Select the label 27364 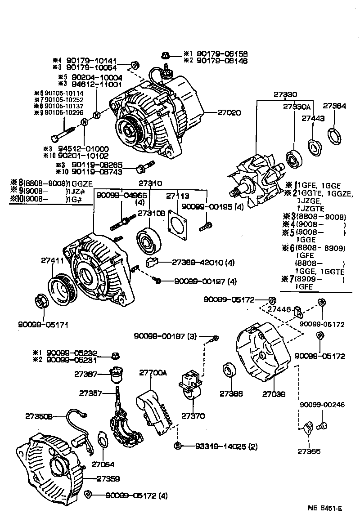(x=335, y=107)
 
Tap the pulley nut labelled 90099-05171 (x=41, y=302)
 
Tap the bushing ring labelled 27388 (x=230, y=372)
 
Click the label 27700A (x=153, y=372)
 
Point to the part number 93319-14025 (x=220, y=447)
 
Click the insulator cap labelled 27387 (x=117, y=373)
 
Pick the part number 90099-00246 (x=323, y=405)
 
